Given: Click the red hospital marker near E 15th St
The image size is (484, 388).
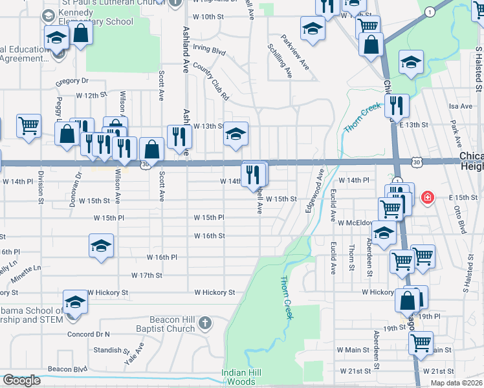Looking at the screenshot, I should click(427, 197).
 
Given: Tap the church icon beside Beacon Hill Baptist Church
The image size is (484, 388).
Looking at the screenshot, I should click(204, 322).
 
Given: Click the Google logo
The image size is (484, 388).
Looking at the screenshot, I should click(21, 380).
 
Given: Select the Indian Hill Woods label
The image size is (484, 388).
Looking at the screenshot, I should click(243, 376).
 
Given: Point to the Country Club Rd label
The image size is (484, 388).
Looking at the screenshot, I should click(211, 81).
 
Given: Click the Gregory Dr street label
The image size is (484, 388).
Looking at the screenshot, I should click(72, 81).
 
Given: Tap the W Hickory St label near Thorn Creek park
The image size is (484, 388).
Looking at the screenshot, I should click(215, 292).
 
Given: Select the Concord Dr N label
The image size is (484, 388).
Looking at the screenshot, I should click(88, 334).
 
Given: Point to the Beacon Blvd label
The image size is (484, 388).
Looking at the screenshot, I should click(67, 369).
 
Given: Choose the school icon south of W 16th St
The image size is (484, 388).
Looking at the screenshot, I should click(101, 246).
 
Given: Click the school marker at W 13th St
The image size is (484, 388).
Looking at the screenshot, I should click(236, 135).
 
